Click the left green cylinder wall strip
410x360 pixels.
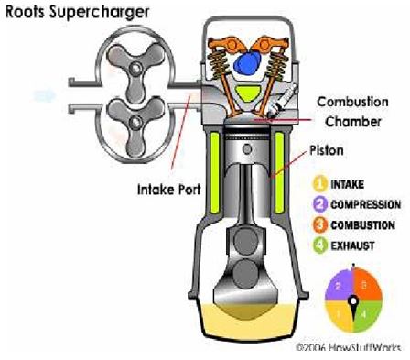[x=214, y=170]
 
